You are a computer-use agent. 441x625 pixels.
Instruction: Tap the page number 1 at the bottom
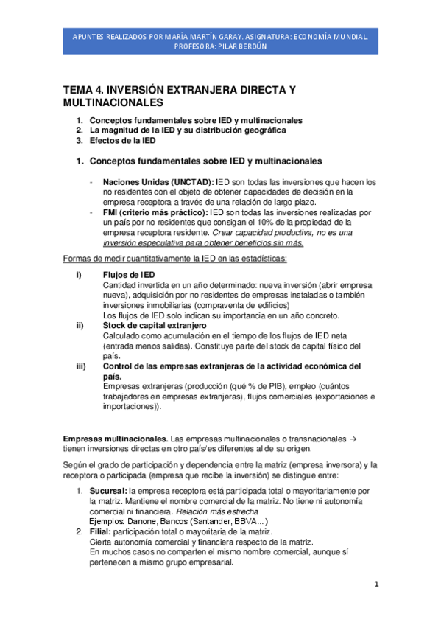tap(375, 584)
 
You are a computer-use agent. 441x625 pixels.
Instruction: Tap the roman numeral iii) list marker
tap(80, 366)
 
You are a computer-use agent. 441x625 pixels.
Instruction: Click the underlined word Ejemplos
tap(107, 521)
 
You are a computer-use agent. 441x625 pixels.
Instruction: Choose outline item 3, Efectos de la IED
tap(122, 140)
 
